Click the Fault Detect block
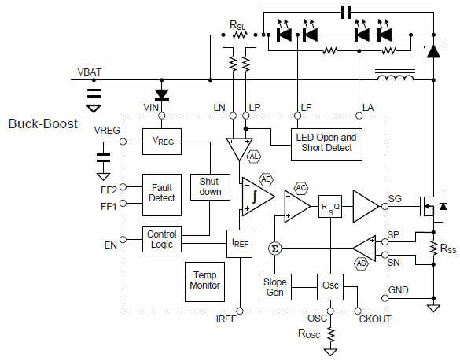162,195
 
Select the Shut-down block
210,187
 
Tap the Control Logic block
162,239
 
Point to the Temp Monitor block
204,282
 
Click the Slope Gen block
275,287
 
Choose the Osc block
330,287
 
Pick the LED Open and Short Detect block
326,145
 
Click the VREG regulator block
162,142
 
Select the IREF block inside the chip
240,244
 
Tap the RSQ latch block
330,206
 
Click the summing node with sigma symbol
275,249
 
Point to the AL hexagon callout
254,157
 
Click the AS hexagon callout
361,263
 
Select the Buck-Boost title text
42,123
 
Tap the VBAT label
90,72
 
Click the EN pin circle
123,240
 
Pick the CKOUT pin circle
358,311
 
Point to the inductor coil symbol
396,78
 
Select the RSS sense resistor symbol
433,248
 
